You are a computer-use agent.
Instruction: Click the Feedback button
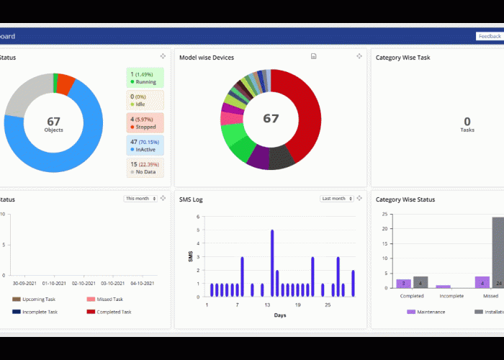click(489, 36)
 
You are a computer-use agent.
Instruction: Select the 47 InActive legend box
click(145, 145)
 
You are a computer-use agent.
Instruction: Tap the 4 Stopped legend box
click(145, 122)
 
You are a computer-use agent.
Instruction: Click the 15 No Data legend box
click(145, 168)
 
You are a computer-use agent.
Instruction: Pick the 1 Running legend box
click(145, 78)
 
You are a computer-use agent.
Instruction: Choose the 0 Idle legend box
click(145, 100)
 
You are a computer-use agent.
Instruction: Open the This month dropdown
click(140, 199)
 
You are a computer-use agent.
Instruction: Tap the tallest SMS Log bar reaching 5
click(271, 263)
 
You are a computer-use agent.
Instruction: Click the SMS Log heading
click(191, 199)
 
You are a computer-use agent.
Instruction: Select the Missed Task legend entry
click(105, 299)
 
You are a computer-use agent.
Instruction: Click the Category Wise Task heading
click(402, 58)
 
